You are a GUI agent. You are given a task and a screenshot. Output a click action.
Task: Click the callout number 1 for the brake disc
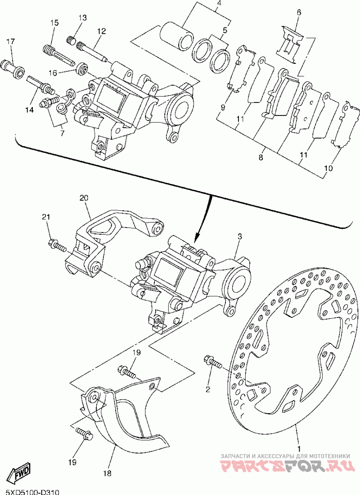pyautogui.click(x=298, y=448)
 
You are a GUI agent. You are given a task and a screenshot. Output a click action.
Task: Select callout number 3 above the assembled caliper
pyautogui.click(x=240, y=236)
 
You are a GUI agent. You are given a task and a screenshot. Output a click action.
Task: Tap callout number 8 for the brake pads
pyautogui.click(x=261, y=157)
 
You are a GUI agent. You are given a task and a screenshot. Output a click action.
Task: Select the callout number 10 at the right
pyautogui.click(x=328, y=168)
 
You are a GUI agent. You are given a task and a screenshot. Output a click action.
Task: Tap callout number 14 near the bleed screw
pyautogui.click(x=29, y=110)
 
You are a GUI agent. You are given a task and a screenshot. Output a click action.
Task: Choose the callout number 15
pyautogui.click(x=54, y=23)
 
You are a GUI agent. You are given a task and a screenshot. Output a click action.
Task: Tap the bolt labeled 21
pyautogui.click(x=57, y=245)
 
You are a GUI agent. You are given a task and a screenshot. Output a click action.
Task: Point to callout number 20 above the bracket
pyautogui.click(x=84, y=198)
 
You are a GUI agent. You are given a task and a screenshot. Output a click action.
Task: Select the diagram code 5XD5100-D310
pyautogui.click(x=30, y=492)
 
